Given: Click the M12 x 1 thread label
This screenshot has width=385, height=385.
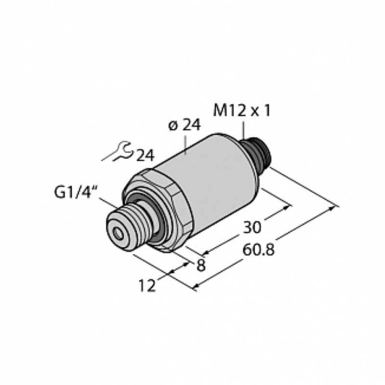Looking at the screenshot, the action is pyautogui.click(x=242, y=111).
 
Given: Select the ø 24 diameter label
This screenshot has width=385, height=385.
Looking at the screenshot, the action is pyautogui.click(x=185, y=125).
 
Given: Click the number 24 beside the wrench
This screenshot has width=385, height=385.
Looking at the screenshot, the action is pyautogui.click(x=145, y=155).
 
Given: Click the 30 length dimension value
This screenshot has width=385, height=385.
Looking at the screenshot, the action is pyautogui.click(x=252, y=227).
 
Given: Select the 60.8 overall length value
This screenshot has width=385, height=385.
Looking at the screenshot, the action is pyautogui.click(x=258, y=250).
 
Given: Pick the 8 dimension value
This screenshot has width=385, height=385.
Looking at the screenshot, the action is pyautogui.click(x=201, y=266).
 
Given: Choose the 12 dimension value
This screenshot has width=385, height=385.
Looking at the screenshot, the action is pyautogui.click(x=147, y=285).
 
